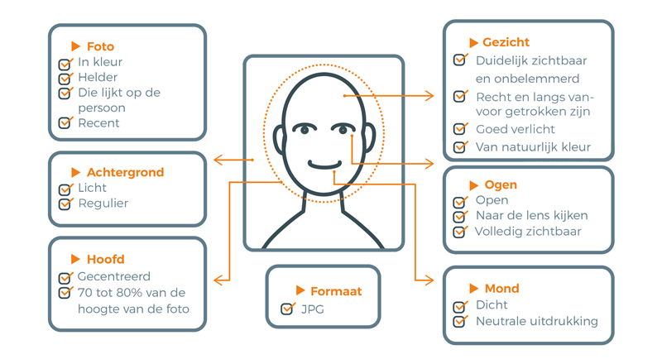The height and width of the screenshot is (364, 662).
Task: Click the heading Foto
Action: coord(100,46)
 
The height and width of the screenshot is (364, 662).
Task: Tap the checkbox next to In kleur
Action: coord(65,64)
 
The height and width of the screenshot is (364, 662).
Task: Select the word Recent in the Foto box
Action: coord(98,123)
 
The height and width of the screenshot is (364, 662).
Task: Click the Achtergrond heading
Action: coord(126,172)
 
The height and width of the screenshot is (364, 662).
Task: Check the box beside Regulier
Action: coord(65,204)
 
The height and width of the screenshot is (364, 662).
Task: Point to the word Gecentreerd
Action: coord(114,276)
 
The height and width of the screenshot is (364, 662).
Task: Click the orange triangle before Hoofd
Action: coord(75,259)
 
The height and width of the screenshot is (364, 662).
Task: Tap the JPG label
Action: coord(313,309)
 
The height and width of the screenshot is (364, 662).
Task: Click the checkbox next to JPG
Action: coord(287,309)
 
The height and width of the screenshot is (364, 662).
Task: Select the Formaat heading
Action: coord(336,291)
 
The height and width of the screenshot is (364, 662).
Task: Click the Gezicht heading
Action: coord(506,42)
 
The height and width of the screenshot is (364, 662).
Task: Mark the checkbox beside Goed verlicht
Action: coord(460,128)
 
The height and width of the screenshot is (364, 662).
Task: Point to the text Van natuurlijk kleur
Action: coord(533,147)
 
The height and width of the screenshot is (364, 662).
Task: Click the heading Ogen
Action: coord(501,185)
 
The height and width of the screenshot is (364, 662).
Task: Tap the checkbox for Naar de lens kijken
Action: coord(460,216)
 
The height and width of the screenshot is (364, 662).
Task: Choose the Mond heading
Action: coord(502,289)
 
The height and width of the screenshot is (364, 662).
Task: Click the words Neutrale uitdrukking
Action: coord(537,321)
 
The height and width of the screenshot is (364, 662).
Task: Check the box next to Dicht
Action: coord(460,306)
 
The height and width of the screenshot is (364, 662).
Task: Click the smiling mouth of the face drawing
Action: coord(324,165)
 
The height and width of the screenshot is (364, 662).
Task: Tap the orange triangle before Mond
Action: coord(473,289)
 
